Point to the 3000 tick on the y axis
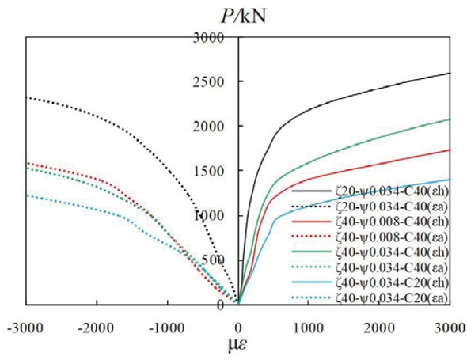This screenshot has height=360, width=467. click(215, 36)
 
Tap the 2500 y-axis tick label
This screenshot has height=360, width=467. click(215, 81)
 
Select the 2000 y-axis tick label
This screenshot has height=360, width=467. click(215, 126)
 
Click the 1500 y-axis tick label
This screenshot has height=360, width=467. click(215, 171)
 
